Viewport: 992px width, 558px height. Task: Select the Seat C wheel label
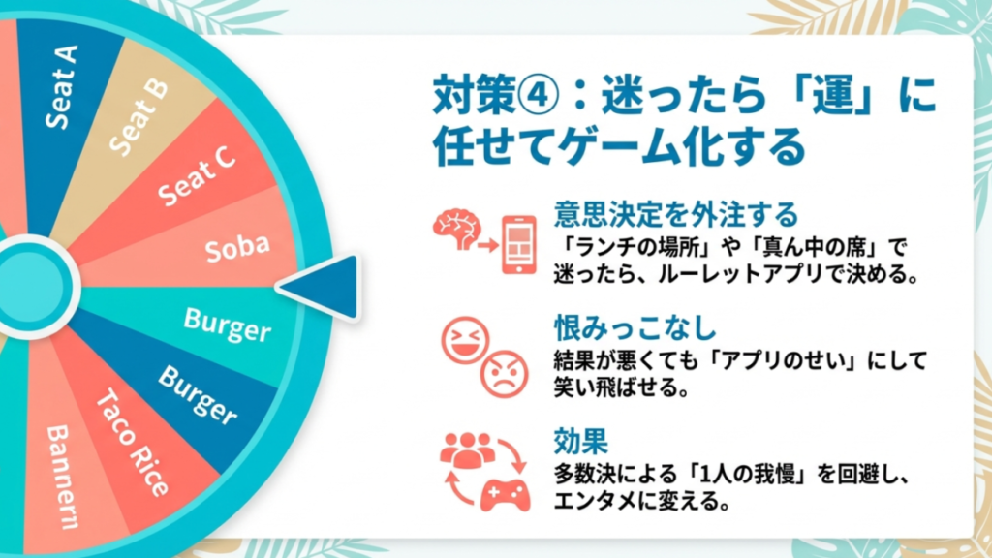(x=198, y=175)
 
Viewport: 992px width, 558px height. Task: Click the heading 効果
(x=580, y=443)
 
